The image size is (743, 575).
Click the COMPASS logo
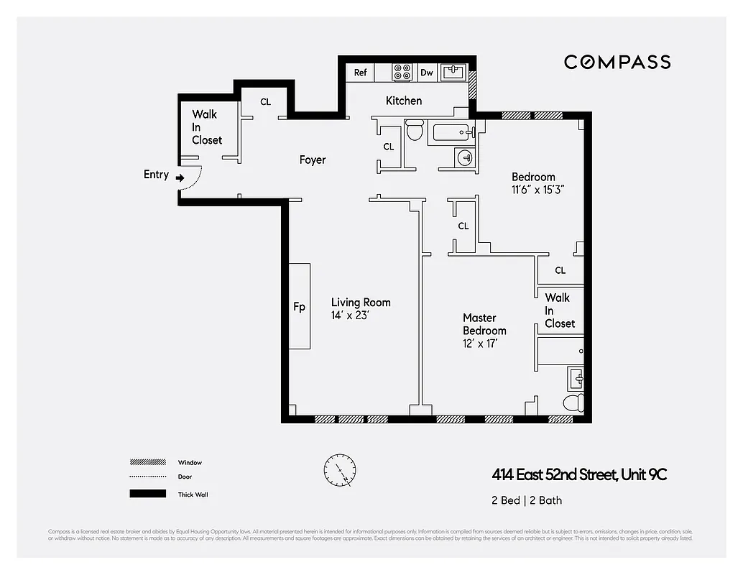pyautogui.click(x=617, y=62)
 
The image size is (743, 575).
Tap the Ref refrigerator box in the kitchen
pyautogui.click(x=360, y=73)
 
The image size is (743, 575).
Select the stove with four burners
pyautogui.click(x=402, y=73)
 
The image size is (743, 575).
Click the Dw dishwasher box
pyautogui.click(x=427, y=73)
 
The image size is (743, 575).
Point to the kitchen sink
pyautogui.click(x=454, y=72)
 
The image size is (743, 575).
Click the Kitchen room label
pyautogui.click(x=404, y=101)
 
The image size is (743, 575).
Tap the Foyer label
pyautogui.click(x=313, y=160)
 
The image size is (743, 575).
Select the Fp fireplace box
pyautogui.click(x=300, y=307)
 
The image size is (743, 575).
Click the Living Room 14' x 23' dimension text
pyautogui.click(x=350, y=315)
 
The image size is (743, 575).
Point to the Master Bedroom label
pyautogui.click(x=484, y=324)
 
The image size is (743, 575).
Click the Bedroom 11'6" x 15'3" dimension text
pyautogui.click(x=533, y=190)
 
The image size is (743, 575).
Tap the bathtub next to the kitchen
pyautogui.click(x=451, y=132)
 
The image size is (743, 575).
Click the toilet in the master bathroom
pyautogui.click(x=573, y=402)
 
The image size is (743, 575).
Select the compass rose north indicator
pyautogui.click(x=339, y=471)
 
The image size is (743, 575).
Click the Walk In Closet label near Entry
pyautogui.click(x=207, y=127)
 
